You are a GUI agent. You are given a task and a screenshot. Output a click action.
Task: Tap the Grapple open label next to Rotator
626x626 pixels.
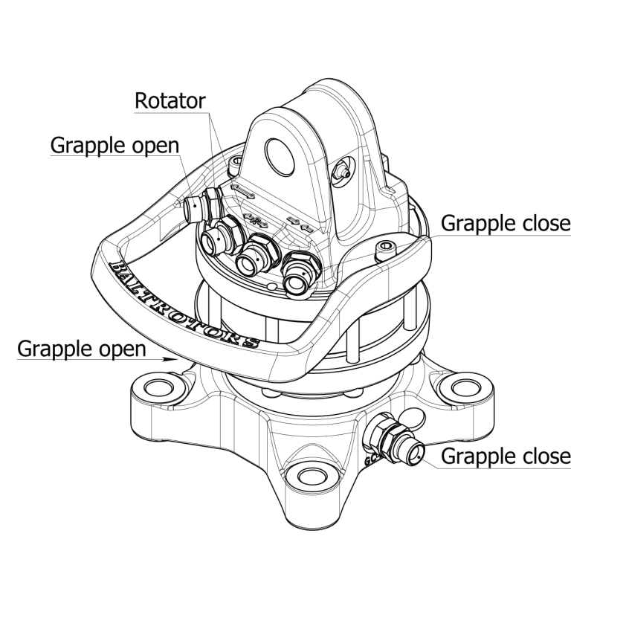[114, 145]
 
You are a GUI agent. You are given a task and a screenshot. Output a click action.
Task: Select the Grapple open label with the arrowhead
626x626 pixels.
[81, 348]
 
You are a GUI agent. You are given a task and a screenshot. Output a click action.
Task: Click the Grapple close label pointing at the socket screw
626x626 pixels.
[506, 223]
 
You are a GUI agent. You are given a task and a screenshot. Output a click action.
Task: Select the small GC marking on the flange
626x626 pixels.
[372, 460]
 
